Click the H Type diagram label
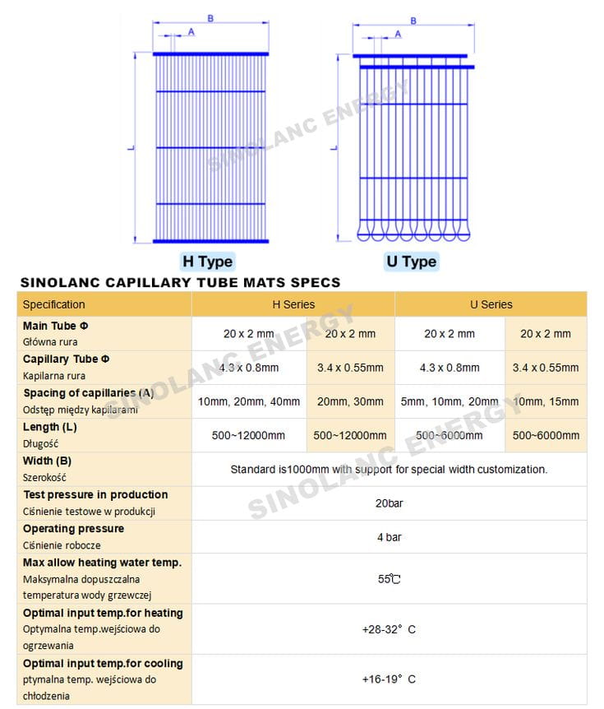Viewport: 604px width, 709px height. pos(207,262)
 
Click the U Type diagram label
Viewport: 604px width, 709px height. pos(411,262)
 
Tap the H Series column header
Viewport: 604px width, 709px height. pos(293,304)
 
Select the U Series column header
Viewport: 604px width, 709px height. pos(491,304)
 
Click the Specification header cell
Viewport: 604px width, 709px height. pos(54,304)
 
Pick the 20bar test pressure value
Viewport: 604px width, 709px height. pos(390,503)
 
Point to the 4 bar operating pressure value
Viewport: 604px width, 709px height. pos(390,537)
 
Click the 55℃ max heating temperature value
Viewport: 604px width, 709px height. pos(390,579)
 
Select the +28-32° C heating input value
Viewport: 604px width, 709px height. pos(390,629)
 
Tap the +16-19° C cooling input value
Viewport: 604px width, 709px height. pos(390,679)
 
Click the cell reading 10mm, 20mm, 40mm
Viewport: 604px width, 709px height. pos(249,401)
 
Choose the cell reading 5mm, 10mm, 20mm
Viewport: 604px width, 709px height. pos(450,401)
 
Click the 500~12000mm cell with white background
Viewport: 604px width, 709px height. pos(249,435)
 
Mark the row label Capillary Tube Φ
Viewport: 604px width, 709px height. pos(67,359)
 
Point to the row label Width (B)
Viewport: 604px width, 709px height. pos(48,461)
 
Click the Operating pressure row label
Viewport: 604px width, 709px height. pos(74,528)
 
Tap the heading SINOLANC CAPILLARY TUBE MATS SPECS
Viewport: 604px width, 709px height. pos(180,282)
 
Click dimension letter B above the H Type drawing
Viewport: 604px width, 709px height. pos(210,17)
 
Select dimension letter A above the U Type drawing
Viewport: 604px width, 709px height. pos(399,34)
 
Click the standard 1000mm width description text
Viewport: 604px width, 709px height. pos(389,469)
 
